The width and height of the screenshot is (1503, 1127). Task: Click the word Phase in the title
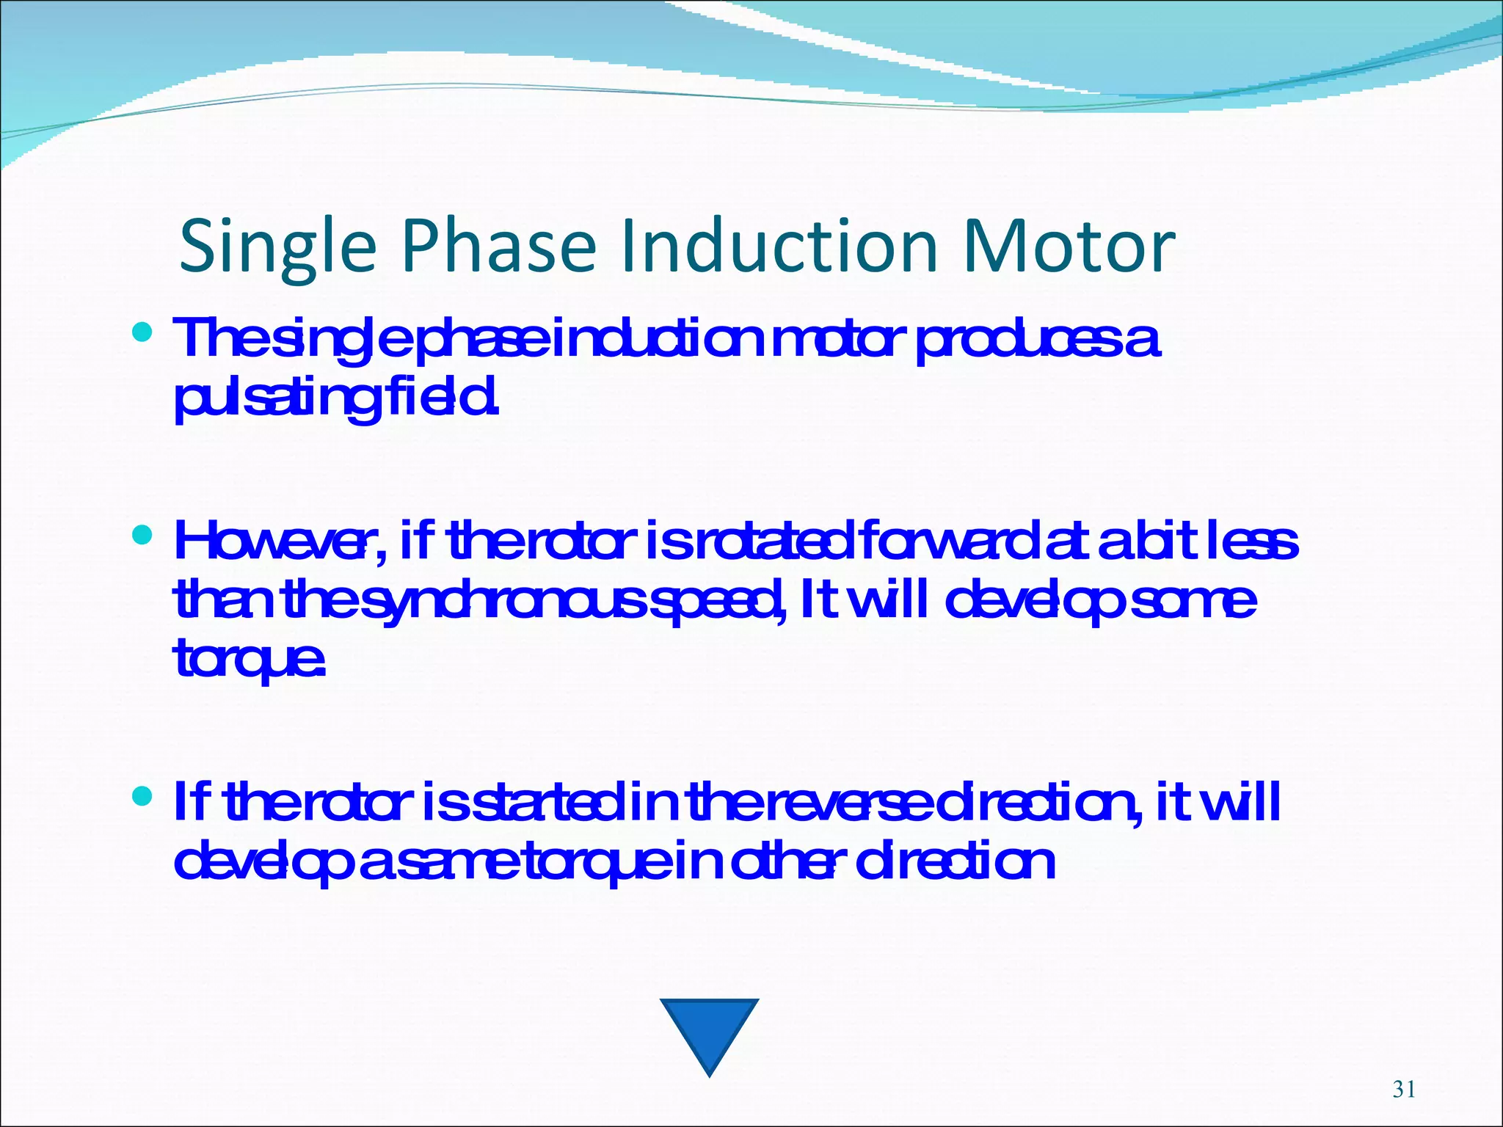(x=499, y=246)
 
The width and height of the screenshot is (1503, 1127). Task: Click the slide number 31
(x=1403, y=1090)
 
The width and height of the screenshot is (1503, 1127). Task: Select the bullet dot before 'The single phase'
(x=142, y=333)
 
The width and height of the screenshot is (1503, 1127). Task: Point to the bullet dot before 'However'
(x=142, y=535)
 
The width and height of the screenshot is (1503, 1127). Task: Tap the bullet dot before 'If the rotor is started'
(x=142, y=795)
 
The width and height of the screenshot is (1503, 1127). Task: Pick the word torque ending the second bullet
(x=248, y=658)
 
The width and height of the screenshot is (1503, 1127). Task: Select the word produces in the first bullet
(x=1020, y=340)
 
